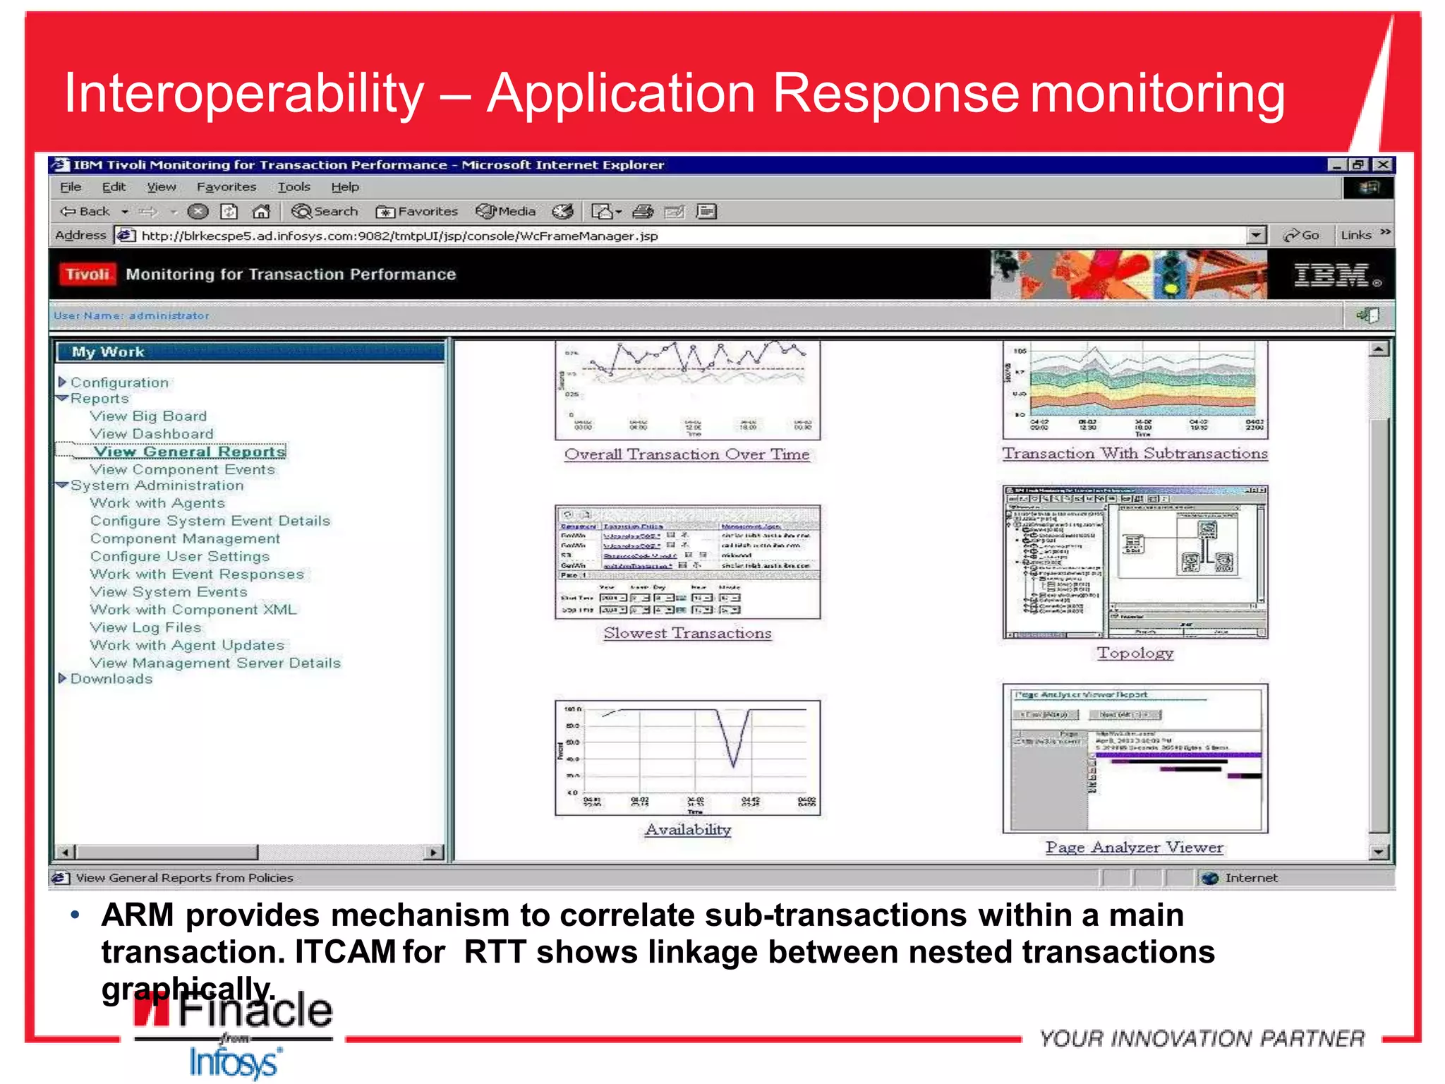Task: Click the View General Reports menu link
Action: [x=189, y=452]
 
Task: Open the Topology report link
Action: [x=1135, y=653]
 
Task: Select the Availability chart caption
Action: [x=687, y=830]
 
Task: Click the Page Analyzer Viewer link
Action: [x=1134, y=848]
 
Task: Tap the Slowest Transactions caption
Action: [x=687, y=634]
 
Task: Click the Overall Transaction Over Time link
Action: [x=687, y=454]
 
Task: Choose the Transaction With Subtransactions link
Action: [x=1135, y=454]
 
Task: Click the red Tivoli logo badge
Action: [x=87, y=275]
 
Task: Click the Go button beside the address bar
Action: [x=1302, y=235]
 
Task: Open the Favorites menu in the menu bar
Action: [x=226, y=187]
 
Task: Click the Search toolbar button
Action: [x=325, y=211]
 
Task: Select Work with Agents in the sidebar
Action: [x=157, y=503]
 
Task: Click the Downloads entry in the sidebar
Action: [x=111, y=679]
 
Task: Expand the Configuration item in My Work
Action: [x=119, y=383]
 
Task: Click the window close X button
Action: [x=1383, y=164]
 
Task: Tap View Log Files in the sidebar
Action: [x=145, y=627]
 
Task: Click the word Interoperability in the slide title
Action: [x=244, y=94]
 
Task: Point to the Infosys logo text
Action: [x=234, y=1062]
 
